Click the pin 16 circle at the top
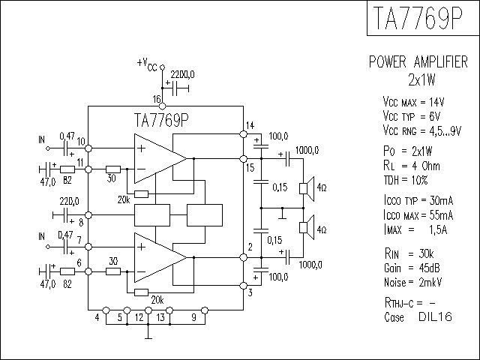163,106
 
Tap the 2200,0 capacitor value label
182,74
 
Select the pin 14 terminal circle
243,133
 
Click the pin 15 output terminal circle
243,158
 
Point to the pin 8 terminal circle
88,215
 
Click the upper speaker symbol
307,188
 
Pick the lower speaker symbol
307,227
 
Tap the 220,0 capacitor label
69,201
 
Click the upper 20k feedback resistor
142,194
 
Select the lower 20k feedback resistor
142,292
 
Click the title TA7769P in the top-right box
418,17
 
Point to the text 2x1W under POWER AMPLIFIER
421,79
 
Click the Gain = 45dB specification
412,268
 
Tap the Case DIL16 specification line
418,316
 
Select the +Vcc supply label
147,64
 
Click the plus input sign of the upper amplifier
141,148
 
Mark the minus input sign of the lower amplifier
141,271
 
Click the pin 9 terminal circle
205,310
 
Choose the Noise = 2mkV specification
413,282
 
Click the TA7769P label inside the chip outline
161,120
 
